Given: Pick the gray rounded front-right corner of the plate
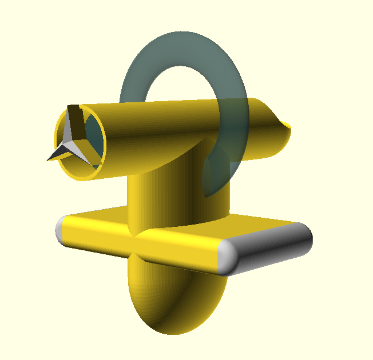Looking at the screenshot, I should point(229,257).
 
